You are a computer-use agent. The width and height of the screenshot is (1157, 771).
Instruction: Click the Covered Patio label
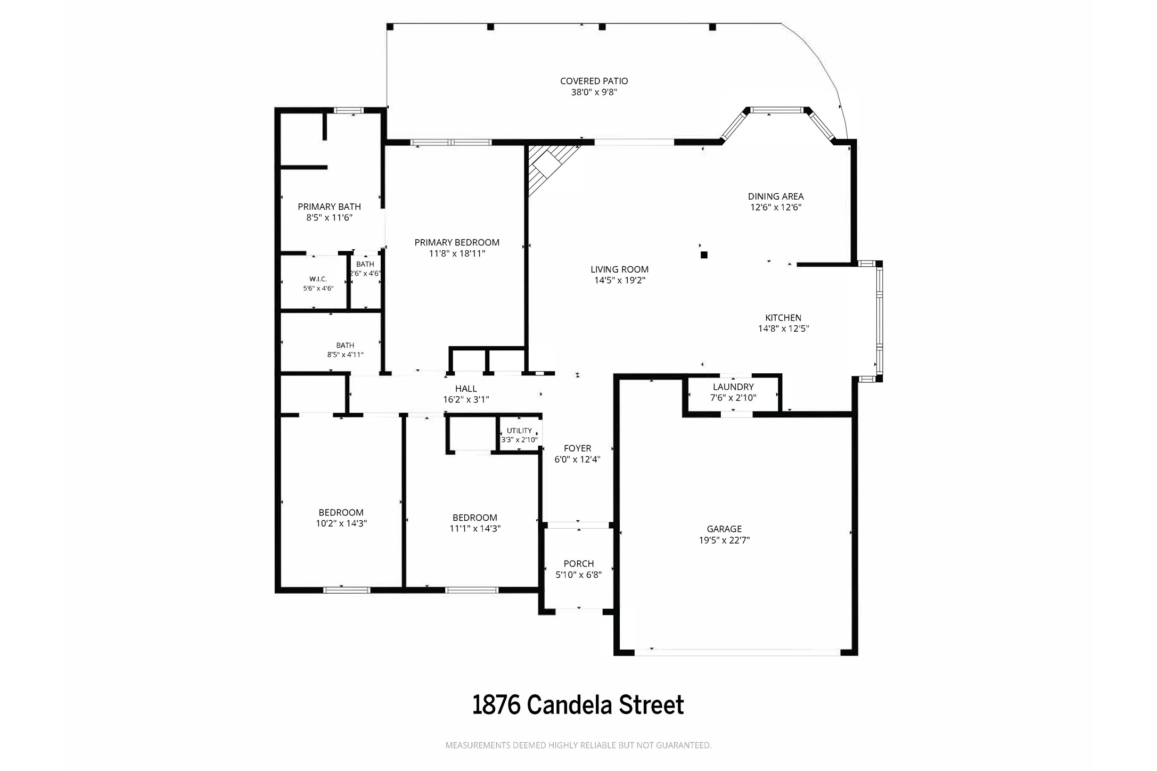[x=594, y=81]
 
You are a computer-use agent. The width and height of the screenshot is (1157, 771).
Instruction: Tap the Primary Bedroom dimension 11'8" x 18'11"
[x=457, y=253]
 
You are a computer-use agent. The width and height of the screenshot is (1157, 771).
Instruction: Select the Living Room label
[x=620, y=269]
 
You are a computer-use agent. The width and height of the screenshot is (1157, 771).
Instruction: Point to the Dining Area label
[x=776, y=196]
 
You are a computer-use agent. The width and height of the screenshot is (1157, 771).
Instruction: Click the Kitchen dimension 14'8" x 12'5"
[x=783, y=329]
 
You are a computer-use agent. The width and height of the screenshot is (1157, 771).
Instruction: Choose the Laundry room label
[x=733, y=387]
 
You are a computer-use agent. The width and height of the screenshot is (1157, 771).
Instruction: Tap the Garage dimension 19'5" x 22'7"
[x=724, y=540]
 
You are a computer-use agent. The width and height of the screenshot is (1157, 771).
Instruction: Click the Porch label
[x=579, y=564]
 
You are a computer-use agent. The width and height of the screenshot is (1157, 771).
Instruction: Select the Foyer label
[x=577, y=448]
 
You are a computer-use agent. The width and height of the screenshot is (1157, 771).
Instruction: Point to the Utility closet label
[x=519, y=431]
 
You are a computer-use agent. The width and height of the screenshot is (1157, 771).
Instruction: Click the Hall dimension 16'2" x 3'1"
[x=466, y=399]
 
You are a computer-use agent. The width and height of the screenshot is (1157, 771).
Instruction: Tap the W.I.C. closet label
[x=318, y=279]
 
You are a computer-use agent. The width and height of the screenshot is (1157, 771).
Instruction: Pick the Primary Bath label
[x=329, y=207]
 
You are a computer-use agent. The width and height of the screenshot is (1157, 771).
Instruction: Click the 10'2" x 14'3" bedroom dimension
[x=341, y=523]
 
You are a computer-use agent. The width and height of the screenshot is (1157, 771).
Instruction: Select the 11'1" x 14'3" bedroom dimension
[x=475, y=529]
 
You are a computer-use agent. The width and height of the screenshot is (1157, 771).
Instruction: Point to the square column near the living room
[x=704, y=255]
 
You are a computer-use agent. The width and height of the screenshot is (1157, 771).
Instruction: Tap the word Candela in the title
[x=569, y=705]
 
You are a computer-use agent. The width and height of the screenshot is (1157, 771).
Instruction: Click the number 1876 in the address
[x=496, y=705]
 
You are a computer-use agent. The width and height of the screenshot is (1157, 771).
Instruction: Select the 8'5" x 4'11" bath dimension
[x=345, y=355]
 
